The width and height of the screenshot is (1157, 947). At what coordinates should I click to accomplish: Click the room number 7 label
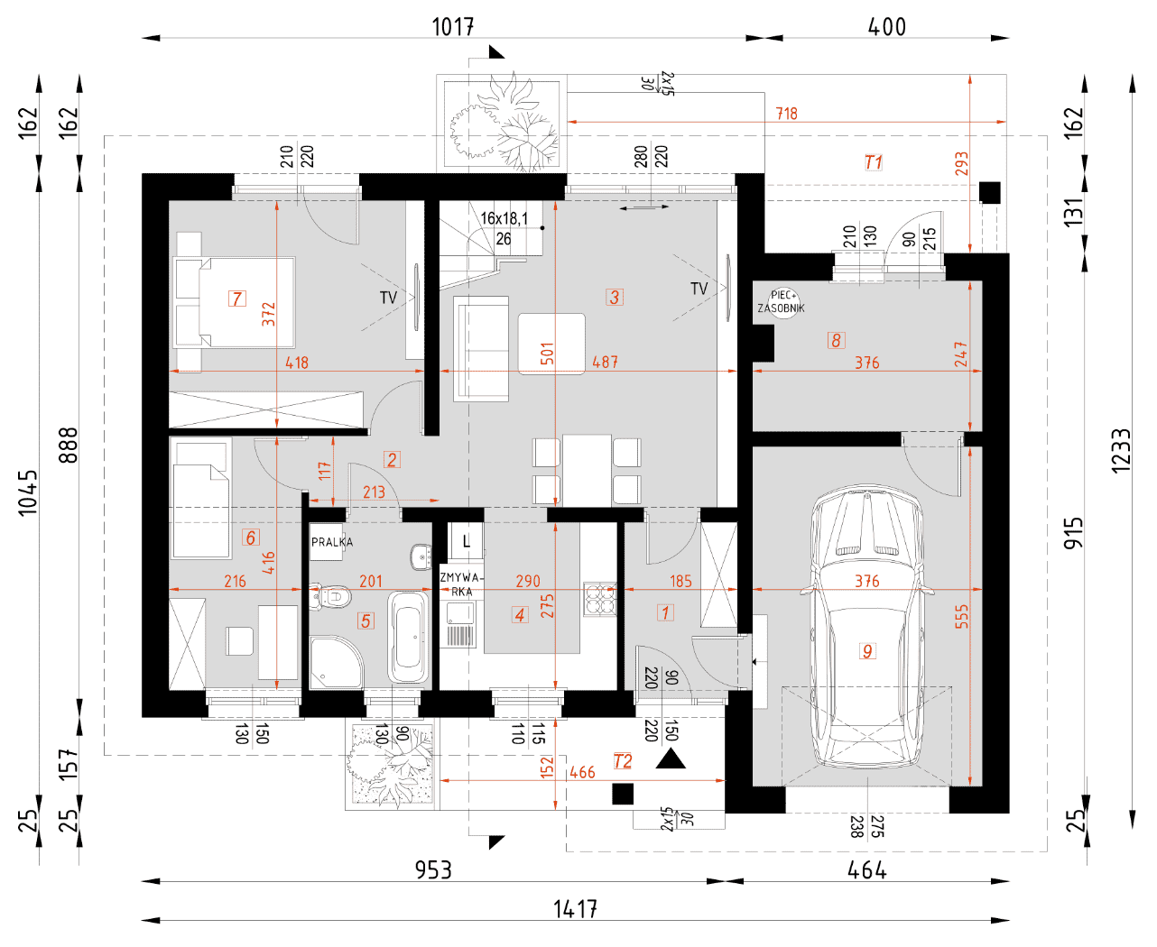pos(237,299)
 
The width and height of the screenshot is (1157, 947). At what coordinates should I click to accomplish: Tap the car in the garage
pos(866,626)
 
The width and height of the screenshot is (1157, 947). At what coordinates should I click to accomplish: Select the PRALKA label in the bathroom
pos(332,542)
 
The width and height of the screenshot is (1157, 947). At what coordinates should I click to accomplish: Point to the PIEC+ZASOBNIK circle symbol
pos(782,302)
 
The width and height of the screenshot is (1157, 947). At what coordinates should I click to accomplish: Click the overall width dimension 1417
pos(574,909)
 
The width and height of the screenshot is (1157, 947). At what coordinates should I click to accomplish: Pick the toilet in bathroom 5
pos(331,596)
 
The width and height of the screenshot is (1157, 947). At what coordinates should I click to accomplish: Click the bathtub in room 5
pos(408,636)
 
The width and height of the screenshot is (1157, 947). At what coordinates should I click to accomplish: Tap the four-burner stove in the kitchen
pos(599,599)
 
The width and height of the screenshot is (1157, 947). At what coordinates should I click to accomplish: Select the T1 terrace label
pos(873,162)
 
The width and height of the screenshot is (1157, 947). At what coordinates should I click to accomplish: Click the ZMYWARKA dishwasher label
pos(461,584)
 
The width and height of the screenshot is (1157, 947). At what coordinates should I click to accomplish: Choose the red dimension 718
pos(786,114)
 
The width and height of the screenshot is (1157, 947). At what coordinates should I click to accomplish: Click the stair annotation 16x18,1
pos(504,218)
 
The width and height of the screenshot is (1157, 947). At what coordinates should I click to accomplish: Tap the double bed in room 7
pos(235,303)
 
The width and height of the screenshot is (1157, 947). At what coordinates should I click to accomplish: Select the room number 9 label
pos(866,651)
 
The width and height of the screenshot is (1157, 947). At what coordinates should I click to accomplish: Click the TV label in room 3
pos(699,289)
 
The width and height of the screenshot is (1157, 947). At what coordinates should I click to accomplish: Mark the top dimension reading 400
pos(886,27)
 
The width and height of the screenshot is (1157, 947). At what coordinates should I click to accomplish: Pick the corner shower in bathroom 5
pos(336,662)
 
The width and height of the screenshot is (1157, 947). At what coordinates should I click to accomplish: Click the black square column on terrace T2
pos(623,794)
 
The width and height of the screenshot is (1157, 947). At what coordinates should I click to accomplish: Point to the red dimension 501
pos(547,354)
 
